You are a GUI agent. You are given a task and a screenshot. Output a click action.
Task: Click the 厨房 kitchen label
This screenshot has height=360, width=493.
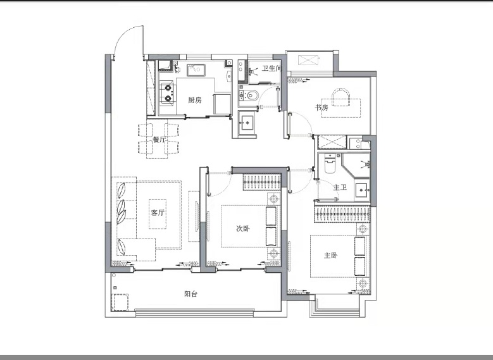pyautogui.click(x=195, y=101)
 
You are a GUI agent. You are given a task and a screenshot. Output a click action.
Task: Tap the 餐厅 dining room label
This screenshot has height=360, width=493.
pyautogui.click(x=159, y=139)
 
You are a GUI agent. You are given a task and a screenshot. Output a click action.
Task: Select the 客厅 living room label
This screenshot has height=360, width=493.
pyautogui.click(x=158, y=213)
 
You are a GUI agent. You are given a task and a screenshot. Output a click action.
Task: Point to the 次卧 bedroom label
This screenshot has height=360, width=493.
pyautogui.click(x=243, y=228)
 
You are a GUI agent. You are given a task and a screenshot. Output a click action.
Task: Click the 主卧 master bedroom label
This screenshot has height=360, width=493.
pyautogui.click(x=331, y=256)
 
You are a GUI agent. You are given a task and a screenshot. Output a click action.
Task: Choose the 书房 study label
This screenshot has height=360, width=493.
pyautogui.click(x=321, y=108)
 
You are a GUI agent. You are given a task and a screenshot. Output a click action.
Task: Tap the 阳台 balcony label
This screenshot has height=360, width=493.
pyautogui.click(x=191, y=294)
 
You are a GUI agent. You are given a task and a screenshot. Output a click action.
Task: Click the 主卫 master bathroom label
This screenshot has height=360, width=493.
pyautogui.click(x=340, y=187)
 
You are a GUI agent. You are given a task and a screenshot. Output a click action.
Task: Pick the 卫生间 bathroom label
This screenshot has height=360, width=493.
pyautogui.click(x=271, y=68)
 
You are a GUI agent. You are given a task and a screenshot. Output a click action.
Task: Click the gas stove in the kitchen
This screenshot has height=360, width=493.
pyautogui.click(x=168, y=92)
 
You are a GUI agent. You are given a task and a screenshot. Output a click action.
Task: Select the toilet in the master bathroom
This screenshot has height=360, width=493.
pyautogui.click(x=330, y=163)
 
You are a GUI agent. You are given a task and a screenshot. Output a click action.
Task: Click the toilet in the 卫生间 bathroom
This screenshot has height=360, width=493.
pyautogui.click(x=249, y=95)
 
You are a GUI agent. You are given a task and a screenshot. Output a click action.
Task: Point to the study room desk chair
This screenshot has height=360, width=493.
pyautogui.click(x=341, y=96)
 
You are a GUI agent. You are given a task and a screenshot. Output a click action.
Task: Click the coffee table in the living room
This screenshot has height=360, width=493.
pyautogui.click(x=158, y=214)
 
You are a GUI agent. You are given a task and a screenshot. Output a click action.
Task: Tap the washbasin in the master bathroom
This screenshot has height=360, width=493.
pyautogui.click(x=362, y=190)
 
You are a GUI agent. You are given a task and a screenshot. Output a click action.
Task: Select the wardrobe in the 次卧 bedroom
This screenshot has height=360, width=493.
pyautogui.click(x=261, y=182)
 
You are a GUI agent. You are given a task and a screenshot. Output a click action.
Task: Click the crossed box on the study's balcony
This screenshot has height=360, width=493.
pyautogui.click(x=308, y=60)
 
